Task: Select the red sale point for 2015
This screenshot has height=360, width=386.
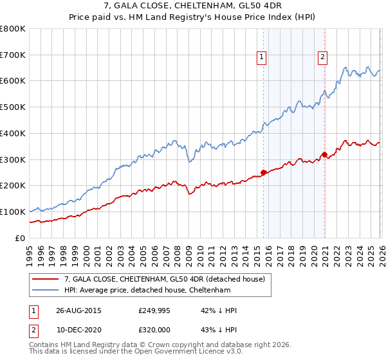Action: pyautogui.click(x=263, y=172)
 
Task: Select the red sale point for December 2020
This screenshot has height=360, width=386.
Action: pyautogui.click(x=324, y=154)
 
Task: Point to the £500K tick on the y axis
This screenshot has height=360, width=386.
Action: pyautogui.click(x=14, y=107)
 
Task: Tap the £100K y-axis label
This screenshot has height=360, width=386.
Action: pyautogui.click(x=14, y=212)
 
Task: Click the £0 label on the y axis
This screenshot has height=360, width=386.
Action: pyautogui.click(x=19, y=238)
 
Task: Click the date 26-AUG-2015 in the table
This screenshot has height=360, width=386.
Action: pyautogui.click(x=78, y=310)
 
